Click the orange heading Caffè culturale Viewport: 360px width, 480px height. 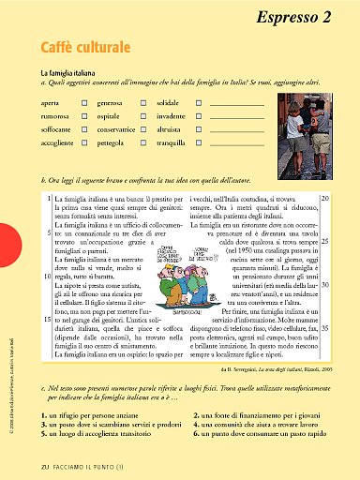(x=83, y=48)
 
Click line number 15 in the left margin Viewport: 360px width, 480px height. (x=47, y=321)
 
